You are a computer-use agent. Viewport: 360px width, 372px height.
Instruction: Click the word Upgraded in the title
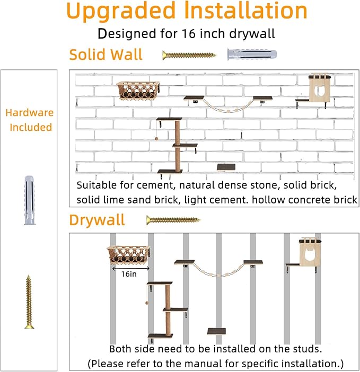(121, 12)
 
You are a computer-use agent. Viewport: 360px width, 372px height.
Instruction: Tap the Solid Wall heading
(106, 55)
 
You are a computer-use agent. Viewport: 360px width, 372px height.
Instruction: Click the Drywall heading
(97, 220)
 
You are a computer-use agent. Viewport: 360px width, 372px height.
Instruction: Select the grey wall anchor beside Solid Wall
(252, 55)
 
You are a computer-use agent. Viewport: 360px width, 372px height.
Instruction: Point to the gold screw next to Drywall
(173, 220)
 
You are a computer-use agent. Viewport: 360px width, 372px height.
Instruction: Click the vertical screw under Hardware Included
(29, 302)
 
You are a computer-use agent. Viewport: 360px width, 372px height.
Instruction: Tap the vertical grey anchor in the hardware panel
(30, 200)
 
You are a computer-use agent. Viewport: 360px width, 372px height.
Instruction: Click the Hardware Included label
(30, 120)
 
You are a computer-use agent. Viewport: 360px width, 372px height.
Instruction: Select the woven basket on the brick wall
(138, 91)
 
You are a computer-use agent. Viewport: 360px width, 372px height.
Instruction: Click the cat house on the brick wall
(320, 87)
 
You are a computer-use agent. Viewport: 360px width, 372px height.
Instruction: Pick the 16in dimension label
(129, 274)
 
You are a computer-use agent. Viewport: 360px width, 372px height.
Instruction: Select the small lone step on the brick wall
(226, 167)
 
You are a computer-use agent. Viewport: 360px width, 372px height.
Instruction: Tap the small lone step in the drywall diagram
(216, 331)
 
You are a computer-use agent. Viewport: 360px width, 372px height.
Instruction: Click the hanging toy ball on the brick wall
(156, 139)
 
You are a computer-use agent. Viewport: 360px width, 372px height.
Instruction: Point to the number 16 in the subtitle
(189, 33)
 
